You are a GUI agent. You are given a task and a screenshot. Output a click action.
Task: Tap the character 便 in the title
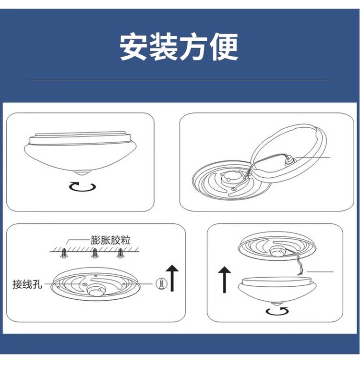[x=224, y=46]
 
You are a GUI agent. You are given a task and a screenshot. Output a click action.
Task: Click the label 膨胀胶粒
[x=110, y=240]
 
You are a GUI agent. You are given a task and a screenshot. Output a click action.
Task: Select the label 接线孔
[x=27, y=284]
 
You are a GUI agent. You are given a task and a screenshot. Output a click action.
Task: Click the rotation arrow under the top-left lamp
[x=83, y=187]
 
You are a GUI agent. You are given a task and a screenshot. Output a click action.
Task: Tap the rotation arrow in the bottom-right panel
[x=277, y=311]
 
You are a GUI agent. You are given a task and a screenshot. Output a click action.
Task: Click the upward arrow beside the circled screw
[x=172, y=278]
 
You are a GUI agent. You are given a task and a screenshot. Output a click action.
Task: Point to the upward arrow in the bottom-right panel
[x=225, y=280]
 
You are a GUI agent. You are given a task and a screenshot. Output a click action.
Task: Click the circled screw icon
[x=162, y=284]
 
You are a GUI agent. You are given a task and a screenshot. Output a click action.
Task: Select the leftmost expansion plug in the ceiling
[x=63, y=253]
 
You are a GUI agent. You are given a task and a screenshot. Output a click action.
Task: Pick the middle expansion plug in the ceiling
[x=95, y=253]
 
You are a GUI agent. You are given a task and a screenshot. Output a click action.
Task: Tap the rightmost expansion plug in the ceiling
[x=120, y=253]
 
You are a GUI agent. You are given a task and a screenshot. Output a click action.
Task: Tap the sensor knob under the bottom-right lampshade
[x=277, y=304]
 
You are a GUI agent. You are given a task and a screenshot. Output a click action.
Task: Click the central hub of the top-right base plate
[x=231, y=178]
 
